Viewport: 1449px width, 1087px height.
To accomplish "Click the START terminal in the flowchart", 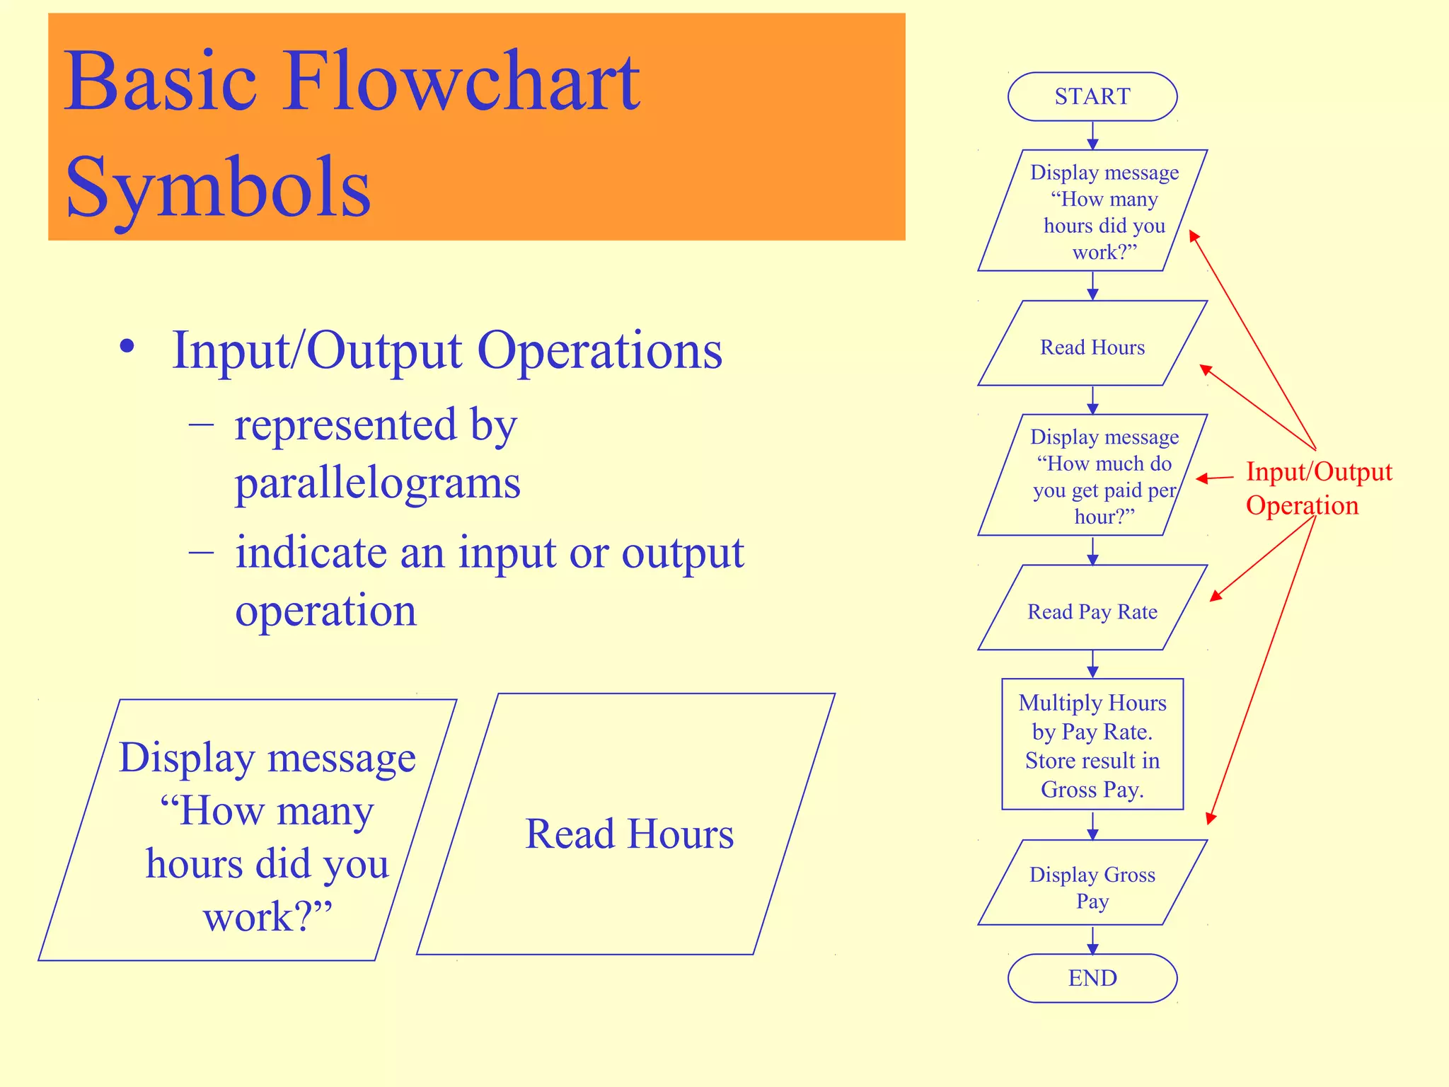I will (1092, 96).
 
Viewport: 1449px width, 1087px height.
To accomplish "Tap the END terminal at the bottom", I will (1092, 978).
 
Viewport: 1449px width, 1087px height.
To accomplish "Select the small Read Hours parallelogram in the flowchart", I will (1092, 347).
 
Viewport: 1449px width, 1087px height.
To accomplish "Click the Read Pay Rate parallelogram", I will (1092, 611).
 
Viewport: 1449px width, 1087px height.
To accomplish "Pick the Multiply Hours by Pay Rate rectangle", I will (1092, 744).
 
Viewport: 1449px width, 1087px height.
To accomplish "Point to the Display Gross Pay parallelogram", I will (1092, 887).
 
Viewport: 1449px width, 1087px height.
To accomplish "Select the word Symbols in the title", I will (218, 188).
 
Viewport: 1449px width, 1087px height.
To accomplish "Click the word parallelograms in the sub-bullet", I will (377, 483).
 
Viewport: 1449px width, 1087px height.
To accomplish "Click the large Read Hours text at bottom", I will (629, 834).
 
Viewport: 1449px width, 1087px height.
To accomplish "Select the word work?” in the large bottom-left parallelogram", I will (267, 916).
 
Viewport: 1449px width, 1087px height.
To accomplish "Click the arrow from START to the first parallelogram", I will (1092, 135).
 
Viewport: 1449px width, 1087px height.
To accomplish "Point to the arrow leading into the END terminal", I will (1092, 941).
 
